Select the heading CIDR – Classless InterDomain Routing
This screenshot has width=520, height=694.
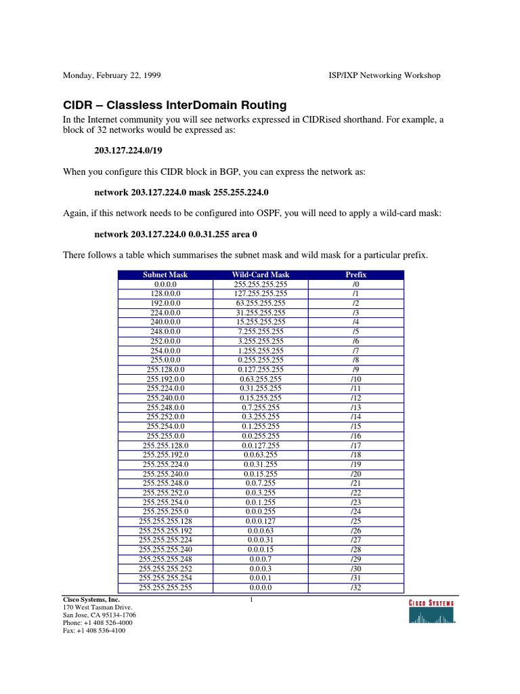click(x=175, y=105)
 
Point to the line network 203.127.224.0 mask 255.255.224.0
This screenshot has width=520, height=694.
click(x=181, y=192)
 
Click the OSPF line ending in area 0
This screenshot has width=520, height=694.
click(x=175, y=233)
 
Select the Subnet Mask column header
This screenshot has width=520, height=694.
click(x=165, y=274)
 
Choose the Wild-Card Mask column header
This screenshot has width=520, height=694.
click(x=261, y=274)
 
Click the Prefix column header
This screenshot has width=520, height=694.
click(x=355, y=274)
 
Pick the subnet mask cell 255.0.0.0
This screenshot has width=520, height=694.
click(x=165, y=360)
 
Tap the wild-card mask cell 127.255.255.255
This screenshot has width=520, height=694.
click(x=261, y=293)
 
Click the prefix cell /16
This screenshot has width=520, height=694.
click(x=355, y=436)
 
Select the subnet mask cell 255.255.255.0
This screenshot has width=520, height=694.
click(x=165, y=512)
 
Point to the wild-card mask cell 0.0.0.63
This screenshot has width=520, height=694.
click(x=261, y=531)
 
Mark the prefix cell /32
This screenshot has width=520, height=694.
click(x=355, y=588)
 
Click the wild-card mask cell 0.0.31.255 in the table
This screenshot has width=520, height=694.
click(x=261, y=464)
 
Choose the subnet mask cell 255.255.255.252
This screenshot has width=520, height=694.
click(x=165, y=569)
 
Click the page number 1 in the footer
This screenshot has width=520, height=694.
click(x=251, y=600)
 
